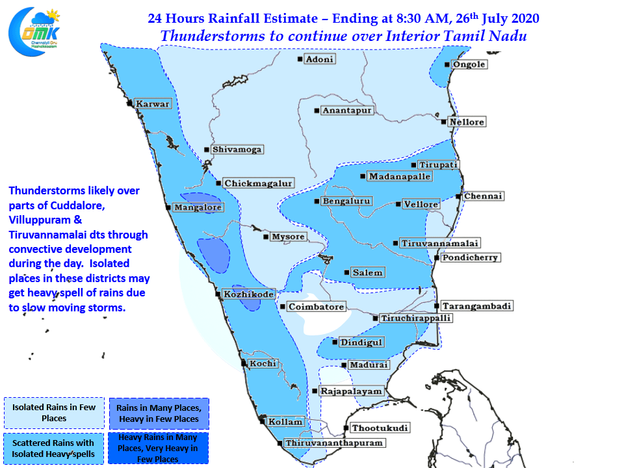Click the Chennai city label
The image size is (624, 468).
click(x=483, y=196)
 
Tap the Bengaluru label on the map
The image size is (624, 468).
click(x=346, y=201)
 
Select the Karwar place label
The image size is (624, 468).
click(x=153, y=103)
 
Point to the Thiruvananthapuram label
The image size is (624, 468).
click(x=334, y=443)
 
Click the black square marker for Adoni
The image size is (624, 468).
click(x=300, y=59)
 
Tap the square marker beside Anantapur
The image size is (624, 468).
click(x=317, y=110)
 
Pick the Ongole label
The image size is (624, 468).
click(x=469, y=64)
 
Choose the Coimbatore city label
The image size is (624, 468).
click(x=317, y=306)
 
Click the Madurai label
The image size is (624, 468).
click(x=369, y=365)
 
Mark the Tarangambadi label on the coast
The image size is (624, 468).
click(x=476, y=305)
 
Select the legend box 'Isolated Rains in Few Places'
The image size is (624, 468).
click(x=54, y=413)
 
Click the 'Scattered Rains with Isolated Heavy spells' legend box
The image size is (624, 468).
click(x=53, y=448)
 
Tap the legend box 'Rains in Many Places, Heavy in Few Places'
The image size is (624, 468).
click(x=159, y=413)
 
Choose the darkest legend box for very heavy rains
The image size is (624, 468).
click(x=158, y=448)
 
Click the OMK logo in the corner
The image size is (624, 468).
click(x=34, y=31)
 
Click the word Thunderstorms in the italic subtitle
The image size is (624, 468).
click(x=213, y=36)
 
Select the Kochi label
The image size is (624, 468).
click(x=263, y=363)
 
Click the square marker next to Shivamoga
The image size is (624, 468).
click(x=207, y=149)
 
